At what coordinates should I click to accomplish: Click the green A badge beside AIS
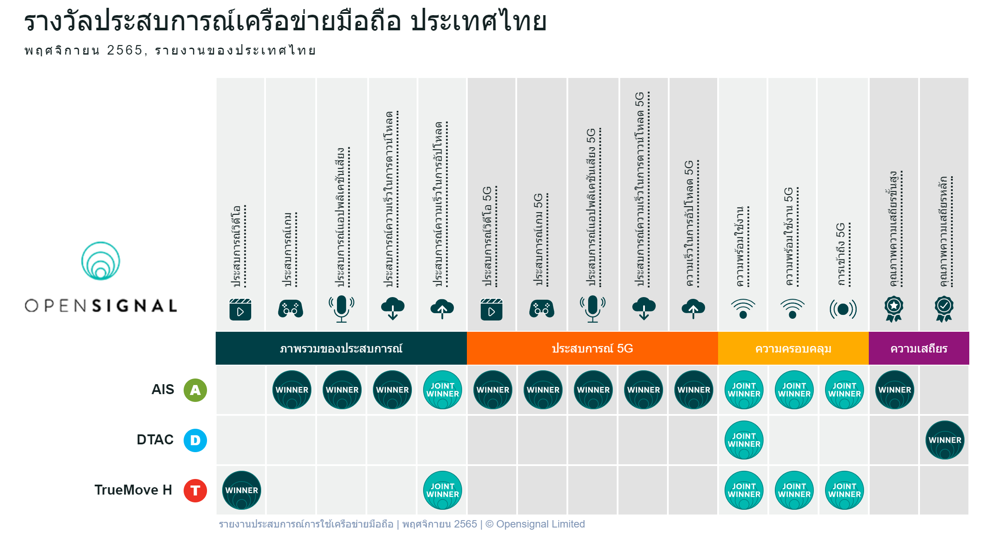pyautogui.click(x=195, y=390)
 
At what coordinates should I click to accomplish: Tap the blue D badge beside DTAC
pyautogui.click(x=195, y=440)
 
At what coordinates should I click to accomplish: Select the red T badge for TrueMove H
pyautogui.click(x=195, y=490)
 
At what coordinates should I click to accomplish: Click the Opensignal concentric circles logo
pyautogui.click(x=100, y=261)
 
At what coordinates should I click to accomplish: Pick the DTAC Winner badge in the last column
pyautogui.click(x=945, y=440)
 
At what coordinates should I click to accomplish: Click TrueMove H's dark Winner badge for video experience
pyautogui.click(x=242, y=490)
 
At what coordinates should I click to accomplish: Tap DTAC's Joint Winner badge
pyautogui.click(x=744, y=440)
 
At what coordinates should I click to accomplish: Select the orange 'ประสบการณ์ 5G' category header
pyautogui.click(x=592, y=348)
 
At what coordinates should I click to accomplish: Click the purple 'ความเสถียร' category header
pyautogui.click(x=919, y=348)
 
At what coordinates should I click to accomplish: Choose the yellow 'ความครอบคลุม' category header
pyautogui.click(x=793, y=348)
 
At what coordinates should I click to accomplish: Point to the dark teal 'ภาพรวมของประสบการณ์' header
pyautogui.click(x=341, y=348)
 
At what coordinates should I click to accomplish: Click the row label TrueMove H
pyautogui.click(x=133, y=490)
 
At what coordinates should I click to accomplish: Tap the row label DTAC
pyautogui.click(x=155, y=440)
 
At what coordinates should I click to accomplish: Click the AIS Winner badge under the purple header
pyautogui.click(x=895, y=390)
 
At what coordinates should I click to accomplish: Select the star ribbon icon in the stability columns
pyautogui.click(x=893, y=309)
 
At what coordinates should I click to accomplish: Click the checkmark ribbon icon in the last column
pyautogui.click(x=944, y=309)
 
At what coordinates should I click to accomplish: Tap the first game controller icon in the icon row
pyautogui.click(x=291, y=309)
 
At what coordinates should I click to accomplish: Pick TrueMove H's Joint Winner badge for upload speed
pyautogui.click(x=443, y=490)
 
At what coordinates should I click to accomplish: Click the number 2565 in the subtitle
pyautogui.click(x=125, y=50)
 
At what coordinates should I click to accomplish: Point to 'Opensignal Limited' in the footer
pyautogui.click(x=541, y=524)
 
